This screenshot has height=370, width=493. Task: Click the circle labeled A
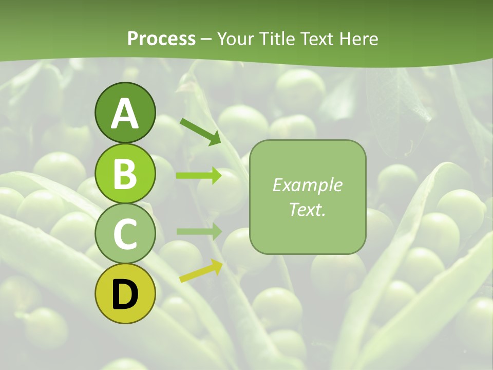pyautogui.click(x=125, y=112)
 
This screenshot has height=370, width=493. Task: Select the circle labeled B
pyautogui.click(x=125, y=173)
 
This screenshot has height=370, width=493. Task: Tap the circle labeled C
pyautogui.click(x=125, y=233)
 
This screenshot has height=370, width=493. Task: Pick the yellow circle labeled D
pyautogui.click(x=125, y=293)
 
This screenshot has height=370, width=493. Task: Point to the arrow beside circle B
pyautogui.click(x=199, y=176)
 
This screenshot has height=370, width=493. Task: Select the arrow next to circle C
pyautogui.click(x=199, y=232)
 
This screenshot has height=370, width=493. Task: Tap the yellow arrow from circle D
pyautogui.click(x=201, y=271)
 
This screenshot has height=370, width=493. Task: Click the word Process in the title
pyautogui.click(x=161, y=39)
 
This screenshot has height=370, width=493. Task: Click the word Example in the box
pyautogui.click(x=307, y=184)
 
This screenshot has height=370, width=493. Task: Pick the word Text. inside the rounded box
pyautogui.click(x=307, y=209)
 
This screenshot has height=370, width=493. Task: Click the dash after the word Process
pyautogui.click(x=206, y=39)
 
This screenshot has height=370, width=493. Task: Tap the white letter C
pyautogui.click(x=125, y=234)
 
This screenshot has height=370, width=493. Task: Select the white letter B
pyautogui.click(x=125, y=174)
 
